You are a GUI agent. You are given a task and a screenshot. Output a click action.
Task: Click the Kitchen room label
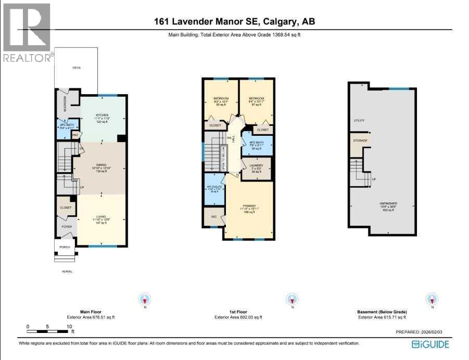coord(102,115)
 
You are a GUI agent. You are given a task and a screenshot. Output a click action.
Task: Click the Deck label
coord(77,68)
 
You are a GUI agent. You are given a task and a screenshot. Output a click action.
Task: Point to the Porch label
coord(64,247)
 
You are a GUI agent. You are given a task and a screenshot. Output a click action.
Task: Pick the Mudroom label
coord(66,104)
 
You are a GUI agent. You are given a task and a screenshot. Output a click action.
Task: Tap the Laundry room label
coord(257,166)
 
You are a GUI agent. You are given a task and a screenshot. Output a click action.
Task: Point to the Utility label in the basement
coord(359,120)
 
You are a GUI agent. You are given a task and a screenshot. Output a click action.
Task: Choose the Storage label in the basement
coord(361,141)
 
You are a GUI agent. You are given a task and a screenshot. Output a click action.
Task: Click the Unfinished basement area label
coord(388,203)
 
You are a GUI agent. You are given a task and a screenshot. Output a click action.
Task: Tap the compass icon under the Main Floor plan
coord(145,299)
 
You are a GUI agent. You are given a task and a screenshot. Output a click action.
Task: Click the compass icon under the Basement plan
coord(432,299)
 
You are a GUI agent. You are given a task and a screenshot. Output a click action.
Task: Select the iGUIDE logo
coord(430,344)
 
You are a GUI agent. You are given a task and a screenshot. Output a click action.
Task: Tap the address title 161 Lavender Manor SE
coord(234,21)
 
